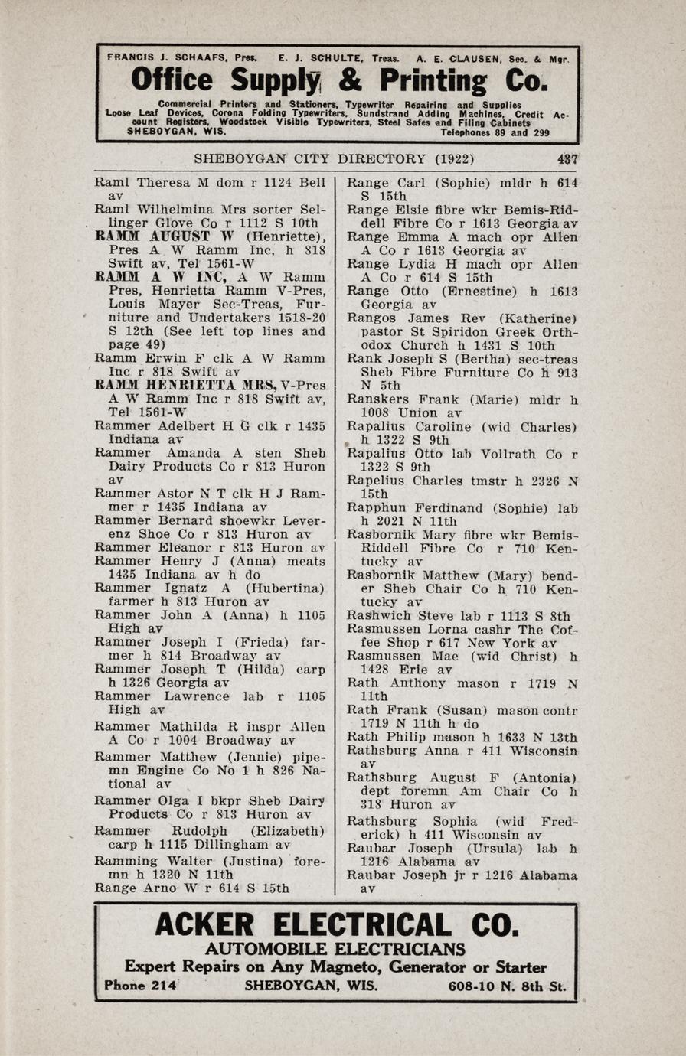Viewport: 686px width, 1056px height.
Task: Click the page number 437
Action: click(567, 159)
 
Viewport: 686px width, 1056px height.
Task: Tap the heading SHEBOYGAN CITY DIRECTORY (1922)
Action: click(333, 159)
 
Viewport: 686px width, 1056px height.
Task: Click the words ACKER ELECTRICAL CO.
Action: click(337, 924)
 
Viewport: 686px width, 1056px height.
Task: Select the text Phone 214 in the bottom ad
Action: click(140, 986)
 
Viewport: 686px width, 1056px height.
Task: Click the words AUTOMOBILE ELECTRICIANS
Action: click(335, 949)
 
